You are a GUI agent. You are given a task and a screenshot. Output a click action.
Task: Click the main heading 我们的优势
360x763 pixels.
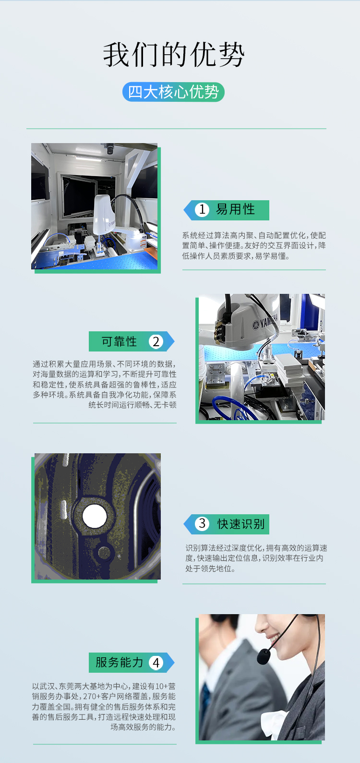tap(174, 55)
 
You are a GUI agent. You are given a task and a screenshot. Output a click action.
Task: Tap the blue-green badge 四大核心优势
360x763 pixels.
tap(173, 92)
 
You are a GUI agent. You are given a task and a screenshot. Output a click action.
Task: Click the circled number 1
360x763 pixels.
tap(202, 209)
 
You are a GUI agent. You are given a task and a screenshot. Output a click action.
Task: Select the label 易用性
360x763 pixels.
tap(235, 209)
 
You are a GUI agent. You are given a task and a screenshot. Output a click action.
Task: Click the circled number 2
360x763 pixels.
tap(156, 341)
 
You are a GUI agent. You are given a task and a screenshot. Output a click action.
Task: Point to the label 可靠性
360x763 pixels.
tap(119, 341)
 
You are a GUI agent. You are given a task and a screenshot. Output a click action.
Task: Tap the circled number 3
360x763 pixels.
tap(202, 523)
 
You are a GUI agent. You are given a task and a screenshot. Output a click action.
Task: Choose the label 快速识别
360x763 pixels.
tap(241, 524)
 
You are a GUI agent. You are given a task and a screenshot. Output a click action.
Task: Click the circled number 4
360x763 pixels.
tap(156, 663)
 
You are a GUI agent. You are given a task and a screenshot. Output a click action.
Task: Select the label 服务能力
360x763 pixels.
tap(119, 663)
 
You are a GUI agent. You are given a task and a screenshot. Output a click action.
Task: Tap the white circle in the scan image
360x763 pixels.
tap(95, 516)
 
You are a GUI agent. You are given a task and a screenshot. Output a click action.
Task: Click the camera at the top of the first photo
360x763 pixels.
tap(109, 149)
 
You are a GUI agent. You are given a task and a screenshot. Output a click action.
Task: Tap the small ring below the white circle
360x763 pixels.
tap(104, 553)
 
